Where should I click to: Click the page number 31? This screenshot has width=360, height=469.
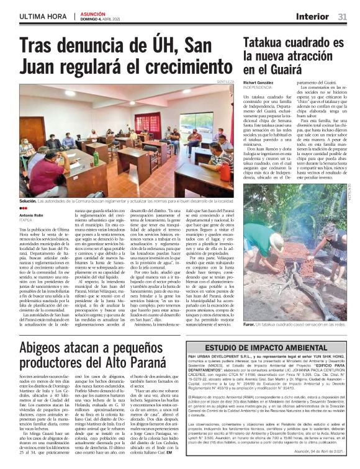(x=342, y=16)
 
